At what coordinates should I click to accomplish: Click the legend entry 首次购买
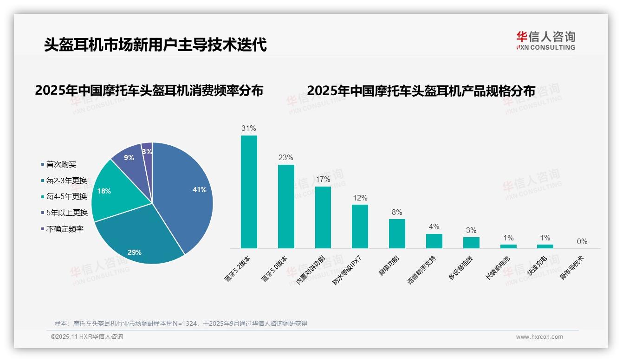click(61, 164)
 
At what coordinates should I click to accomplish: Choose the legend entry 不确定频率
click(65, 229)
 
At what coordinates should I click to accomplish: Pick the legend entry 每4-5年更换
click(66, 196)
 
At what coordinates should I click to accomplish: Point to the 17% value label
click(323, 179)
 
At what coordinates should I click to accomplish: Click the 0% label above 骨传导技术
click(582, 241)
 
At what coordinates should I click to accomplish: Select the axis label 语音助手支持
click(421, 270)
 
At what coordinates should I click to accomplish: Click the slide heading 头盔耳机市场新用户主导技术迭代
click(155, 45)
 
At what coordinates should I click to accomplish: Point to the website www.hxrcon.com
click(539, 337)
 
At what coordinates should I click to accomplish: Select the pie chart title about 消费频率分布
click(149, 90)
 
